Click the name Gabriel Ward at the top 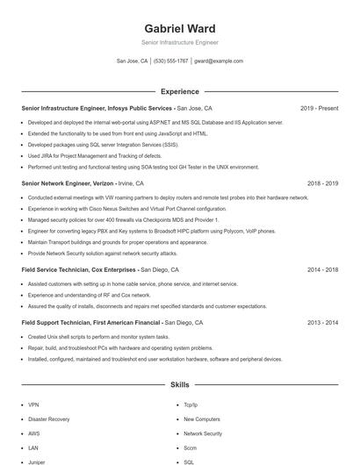(x=180, y=28)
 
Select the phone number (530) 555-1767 (x=170, y=61)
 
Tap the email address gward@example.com (x=219, y=61)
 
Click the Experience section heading (x=180, y=91)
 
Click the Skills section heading (x=180, y=384)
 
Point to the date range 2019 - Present (x=319, y=109)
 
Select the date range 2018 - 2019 (x=322, y=183)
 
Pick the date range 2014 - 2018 (x=322, y=270)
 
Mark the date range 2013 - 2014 (x=322, y=323)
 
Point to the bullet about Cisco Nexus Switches (x=114, y=209)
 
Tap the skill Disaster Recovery (x=48, y=419)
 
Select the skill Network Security (x=203, y=433)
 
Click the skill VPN (x=33, y=405)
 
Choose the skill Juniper (x=36, y=461)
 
